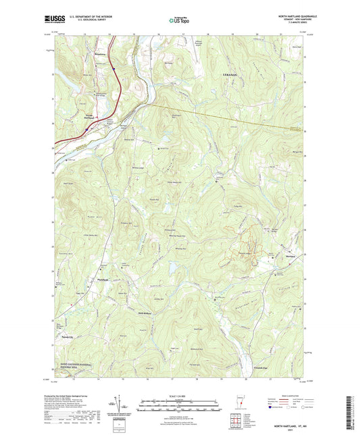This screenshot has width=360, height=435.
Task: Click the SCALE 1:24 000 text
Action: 180,396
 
